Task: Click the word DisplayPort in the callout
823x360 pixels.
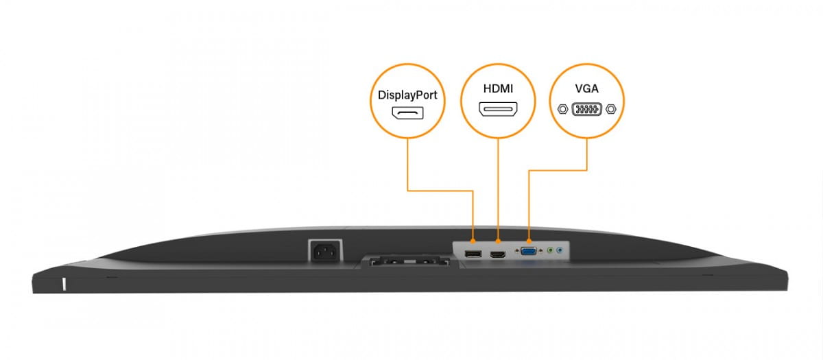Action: point(407,96)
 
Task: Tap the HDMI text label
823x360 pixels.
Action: point(498,89)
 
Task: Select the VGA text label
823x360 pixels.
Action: point(587,89)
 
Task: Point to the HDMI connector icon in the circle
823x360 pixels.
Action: point(498,109)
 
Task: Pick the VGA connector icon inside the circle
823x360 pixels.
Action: point(587,108)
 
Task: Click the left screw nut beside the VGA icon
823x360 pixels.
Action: point(563,108)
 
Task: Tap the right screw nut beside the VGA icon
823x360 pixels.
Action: point(611,108)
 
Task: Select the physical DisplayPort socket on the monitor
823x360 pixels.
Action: point(473,255)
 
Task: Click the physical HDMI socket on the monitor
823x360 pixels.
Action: point(498,255)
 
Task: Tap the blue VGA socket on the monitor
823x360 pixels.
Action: point(529,252)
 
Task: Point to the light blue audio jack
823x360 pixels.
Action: point(560,251)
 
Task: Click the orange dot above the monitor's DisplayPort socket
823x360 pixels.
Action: point(473,241)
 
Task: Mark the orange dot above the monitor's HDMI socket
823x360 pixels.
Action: point(498,241)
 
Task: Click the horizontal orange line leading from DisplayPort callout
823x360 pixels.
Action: point(440,191)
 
